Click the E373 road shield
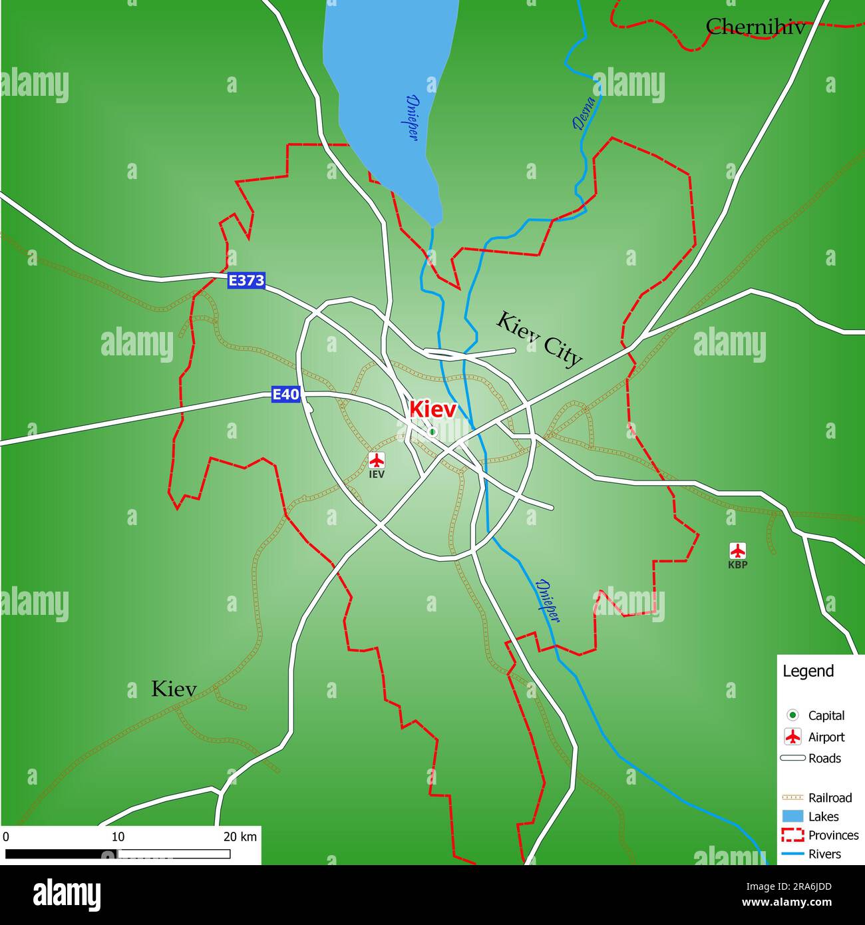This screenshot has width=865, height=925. tap(246, 281)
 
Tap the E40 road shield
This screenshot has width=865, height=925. tap(285, 395)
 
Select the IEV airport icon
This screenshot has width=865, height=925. tap(377, 460)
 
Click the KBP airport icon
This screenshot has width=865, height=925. tap(737, 551)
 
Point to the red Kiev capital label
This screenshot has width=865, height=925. tap(432, 409)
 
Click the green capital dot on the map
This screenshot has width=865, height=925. tap(432, 432)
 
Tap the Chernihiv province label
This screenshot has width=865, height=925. tap(755, 27)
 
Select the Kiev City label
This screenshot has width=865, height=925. tap(539, 339)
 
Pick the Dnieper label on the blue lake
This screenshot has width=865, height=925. tap(413, 116)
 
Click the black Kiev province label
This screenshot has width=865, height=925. tap(174, 689)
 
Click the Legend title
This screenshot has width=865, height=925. tap(808, 671)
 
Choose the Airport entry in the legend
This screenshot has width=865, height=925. tap(826, 737)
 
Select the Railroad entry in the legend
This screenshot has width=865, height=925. tap(829, 797)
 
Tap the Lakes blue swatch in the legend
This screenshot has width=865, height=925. tap(792, 817)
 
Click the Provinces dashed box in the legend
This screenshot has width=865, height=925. tap(792, 835)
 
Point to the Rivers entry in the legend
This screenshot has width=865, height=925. tap(824, 854)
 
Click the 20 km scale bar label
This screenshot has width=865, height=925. tap(240, 836)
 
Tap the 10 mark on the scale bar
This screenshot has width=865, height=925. tap(118, 836)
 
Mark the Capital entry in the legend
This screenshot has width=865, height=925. tap(826, 715)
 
